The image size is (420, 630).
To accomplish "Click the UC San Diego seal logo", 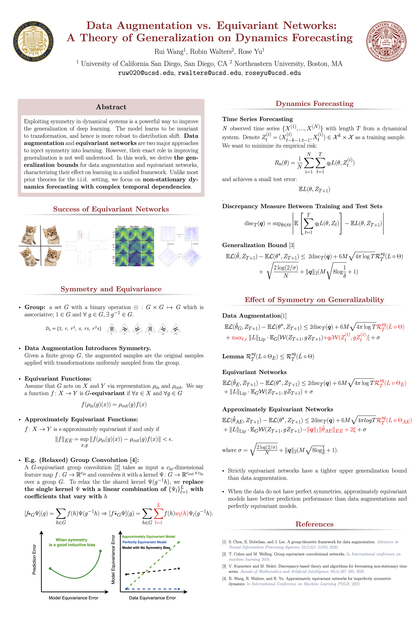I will pyautogui.click(x=33, y=41).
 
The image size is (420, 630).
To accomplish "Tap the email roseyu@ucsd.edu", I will pyautogui.click(x=273, y=73).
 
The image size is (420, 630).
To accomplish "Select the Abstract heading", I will pyautogui.click(x=111, y=107).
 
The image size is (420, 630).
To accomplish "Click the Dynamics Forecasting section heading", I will pyautogui.click(x=315, y=104).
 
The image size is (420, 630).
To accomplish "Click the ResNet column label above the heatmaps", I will pyautogui.click(x=135, y=227).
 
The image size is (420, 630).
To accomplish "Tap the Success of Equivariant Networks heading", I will pyautogui.click(x=111, y=209).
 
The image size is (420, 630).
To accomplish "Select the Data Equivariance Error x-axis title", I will pyautogui.click(x=152, y=598).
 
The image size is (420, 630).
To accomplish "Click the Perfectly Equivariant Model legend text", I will pyautogui.click(x=144, y=542).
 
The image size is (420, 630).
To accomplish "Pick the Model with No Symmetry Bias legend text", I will pyautogui.click(x=146, y=548).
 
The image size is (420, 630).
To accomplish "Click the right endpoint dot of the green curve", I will pyautogui.click(x=100, y=551).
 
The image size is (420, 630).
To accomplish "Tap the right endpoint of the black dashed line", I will pyautogui.click(x=179, y=568).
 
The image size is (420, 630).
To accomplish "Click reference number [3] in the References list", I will pyautogui.click(x=224, y=566).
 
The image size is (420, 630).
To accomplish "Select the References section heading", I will pyautogui.click(x=315, y=524).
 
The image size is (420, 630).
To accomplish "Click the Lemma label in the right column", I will pyautogui.click(x=233, y=357).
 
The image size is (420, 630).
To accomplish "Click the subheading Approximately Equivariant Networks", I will pyautogui.click(x=278, y=409).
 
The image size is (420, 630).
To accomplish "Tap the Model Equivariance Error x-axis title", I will pyautogui.click(x=73, y=598).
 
